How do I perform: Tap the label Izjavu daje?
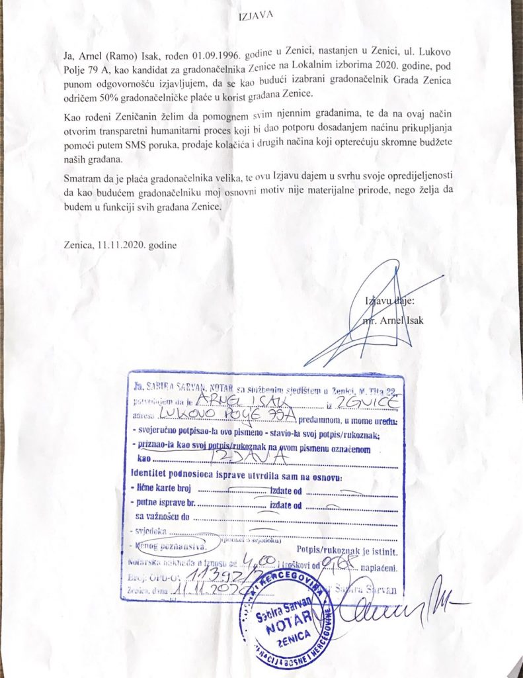point(391,301)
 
